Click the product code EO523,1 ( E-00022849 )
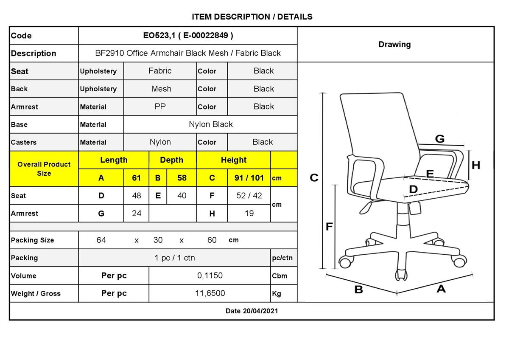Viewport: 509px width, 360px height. [188, 36]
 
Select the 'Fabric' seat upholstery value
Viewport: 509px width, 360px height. [160, 71]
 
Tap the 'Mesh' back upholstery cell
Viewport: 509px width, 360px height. [162, 89]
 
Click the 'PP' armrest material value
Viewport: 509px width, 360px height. [160, 107]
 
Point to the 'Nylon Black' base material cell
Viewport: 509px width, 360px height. [211, 124]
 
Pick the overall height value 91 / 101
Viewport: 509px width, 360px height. [249, 177]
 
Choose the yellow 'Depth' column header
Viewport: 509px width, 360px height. [171, 160]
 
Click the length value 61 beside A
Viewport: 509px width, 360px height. [136, 177]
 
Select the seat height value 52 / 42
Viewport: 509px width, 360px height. [249, 196]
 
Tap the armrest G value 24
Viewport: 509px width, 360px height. [137, 213]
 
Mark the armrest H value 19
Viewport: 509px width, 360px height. [249, 213]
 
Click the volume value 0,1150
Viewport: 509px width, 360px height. [210, 276]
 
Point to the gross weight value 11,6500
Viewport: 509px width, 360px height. [210, 293]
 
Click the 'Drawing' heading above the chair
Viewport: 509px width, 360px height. [395, 44]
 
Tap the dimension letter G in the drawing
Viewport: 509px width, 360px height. [440, 139]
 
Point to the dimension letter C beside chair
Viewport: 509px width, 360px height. [314, 177]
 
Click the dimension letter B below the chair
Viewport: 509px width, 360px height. [358, 290]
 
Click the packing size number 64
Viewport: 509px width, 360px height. [101, 240]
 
